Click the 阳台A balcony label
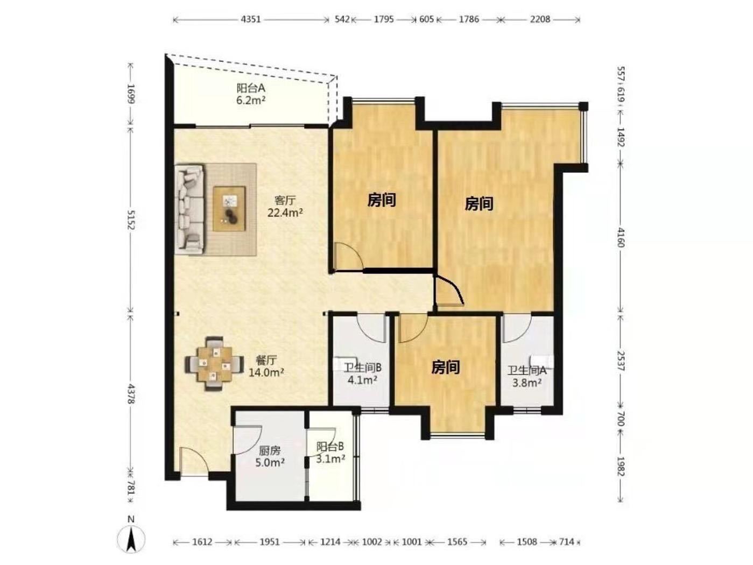point(251,88)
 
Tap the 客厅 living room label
point(285,201)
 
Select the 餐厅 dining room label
point(266,360)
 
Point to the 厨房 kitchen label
point(270,450)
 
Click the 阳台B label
point(330,447)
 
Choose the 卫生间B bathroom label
point(363,368)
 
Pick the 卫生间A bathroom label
point(527,370)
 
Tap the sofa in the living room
point(189,209)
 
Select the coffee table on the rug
point(229,208)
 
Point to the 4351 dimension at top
point(251,19)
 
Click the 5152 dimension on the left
point(131,221)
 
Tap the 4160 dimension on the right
point(621,237)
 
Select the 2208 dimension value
point(540,19)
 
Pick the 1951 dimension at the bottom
point(270,542)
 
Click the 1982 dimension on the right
point(621,467)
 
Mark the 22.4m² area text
point(285,213)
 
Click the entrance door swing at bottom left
point(193,461)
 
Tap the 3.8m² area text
point(527,383)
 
